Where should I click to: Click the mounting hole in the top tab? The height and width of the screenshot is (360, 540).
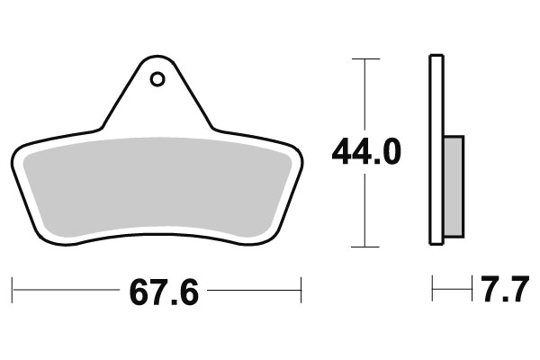(x=157, y=79)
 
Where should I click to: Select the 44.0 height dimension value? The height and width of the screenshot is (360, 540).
(x=365, y=152)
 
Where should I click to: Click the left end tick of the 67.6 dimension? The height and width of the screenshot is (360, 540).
(x=13, y=291)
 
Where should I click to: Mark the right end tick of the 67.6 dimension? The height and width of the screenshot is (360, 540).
(x=301, y=291)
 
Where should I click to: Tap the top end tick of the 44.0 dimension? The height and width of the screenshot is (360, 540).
(x=364, y=58)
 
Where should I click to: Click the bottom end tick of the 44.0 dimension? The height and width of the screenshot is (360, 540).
(x=364, y=246)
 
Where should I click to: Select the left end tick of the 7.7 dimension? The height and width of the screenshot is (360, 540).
(x=433, y=290)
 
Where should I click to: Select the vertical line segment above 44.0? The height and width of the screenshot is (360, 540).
(x=364, y=94)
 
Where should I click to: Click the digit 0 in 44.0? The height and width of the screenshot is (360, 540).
(x=390, y=152)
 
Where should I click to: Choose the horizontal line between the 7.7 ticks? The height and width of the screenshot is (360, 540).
(x=453, y=290)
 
